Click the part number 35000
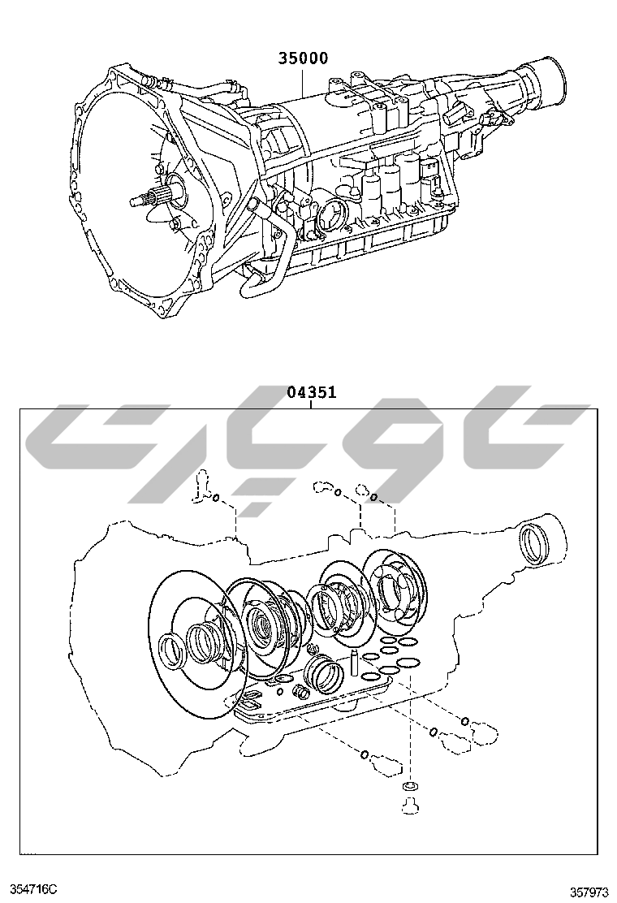click(x=304, y=58)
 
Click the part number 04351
click(x=311, y=393)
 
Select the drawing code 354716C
click(x=33, y=891)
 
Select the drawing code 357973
click(x=588, y=892)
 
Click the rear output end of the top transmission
click(x=546, y=81)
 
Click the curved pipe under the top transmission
click(x=268, y=260)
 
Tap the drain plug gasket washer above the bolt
click(x=409, y=788)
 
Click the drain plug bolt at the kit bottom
click(x=409, y=806)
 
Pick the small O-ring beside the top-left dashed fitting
click(x=217, y=498)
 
